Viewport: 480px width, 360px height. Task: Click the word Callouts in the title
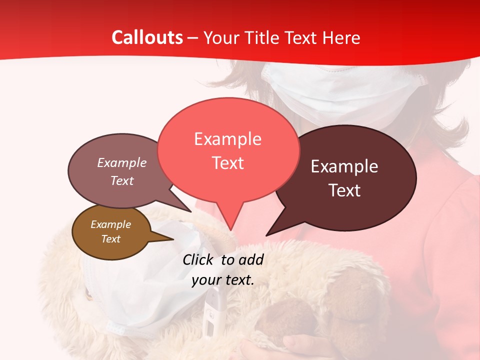(147, 37)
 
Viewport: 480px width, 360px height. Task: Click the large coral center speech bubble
(228, 150)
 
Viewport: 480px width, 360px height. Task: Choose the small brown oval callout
(111, 232)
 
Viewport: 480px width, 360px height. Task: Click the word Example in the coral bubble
(228, 139)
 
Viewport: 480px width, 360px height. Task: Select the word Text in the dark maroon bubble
(345, 190)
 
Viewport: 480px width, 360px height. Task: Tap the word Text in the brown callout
(111, 239)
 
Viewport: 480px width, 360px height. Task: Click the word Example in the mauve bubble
(122, 163)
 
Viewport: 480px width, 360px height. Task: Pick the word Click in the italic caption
(198, 259)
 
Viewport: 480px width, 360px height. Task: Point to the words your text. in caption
(223, 280)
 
